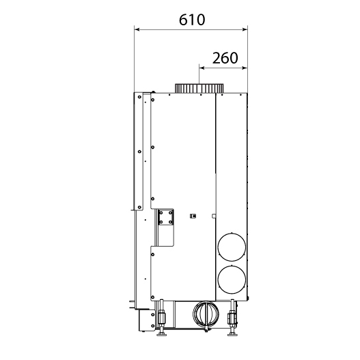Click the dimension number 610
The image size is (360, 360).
point(192,20)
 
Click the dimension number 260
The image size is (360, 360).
point(225,58)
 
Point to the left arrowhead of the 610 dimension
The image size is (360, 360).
point(137,29)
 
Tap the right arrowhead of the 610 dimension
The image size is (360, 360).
point(245,29)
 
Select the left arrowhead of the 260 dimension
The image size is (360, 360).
point(202,68)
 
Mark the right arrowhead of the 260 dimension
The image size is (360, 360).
point(245,68)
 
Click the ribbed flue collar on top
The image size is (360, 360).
point(199,88)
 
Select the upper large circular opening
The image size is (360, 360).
point(232,247)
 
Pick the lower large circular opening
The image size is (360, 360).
point(232,279)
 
